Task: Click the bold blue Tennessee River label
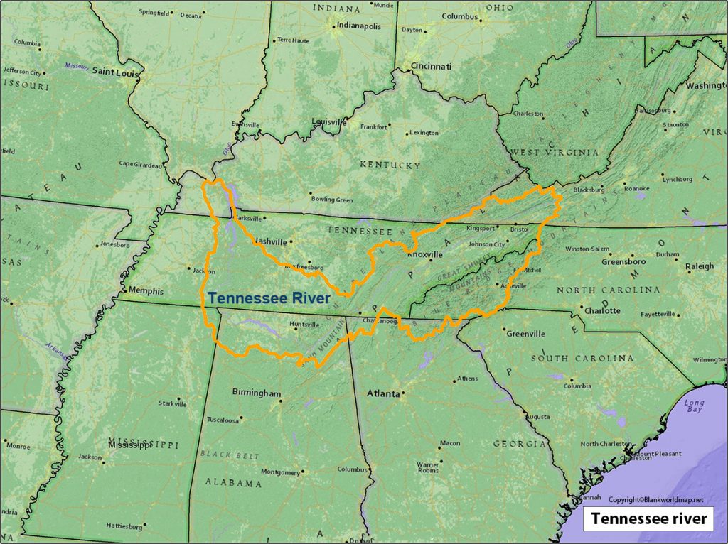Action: (269, 298)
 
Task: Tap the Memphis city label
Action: (145, 291)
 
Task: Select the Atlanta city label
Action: (382, 393)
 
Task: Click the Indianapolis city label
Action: (358, 26)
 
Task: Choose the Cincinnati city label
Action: (431, 66)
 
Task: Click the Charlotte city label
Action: (602, 310)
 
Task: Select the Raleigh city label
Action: (699, 266)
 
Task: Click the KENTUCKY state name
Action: (390, 165)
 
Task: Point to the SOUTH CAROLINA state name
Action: (582, 359)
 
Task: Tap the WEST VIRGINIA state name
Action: (554, 153)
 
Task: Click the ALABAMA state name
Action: (233, 483)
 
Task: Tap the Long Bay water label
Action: (694, 406)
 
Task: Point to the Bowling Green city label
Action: (331, 200)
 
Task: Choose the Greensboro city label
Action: (623, 261)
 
